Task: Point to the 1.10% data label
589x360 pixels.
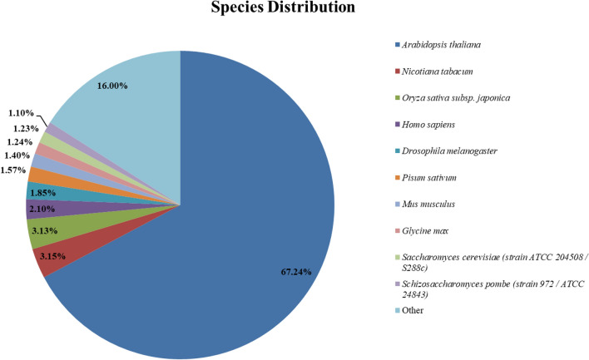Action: (x=22, y=111)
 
